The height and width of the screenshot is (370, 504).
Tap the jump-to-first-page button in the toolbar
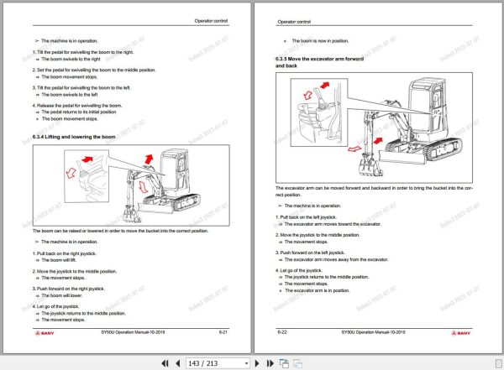[x=162, y=362]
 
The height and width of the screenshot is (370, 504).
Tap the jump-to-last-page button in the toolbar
[x=270, y=362]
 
